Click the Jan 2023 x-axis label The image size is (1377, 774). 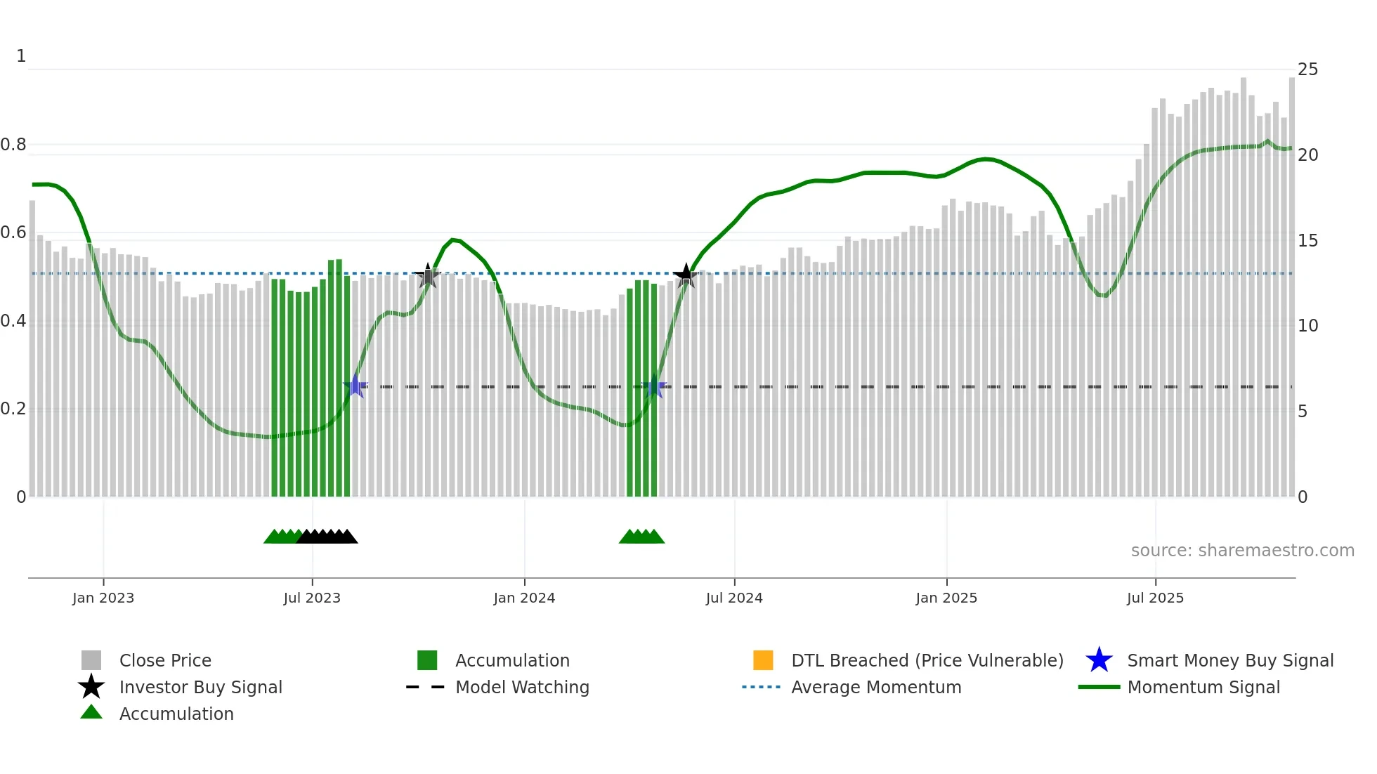click(x=103, y=598)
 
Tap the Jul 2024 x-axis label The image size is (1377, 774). click(x=734, y=598)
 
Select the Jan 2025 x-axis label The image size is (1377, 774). click(x=946, y=598)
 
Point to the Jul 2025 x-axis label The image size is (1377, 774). click(x=1155, y=598)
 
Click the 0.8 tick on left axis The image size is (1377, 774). click(x=13, y=145)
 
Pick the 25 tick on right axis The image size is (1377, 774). click(x=1307, y=70)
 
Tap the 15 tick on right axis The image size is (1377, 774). click(x=1307, y=241)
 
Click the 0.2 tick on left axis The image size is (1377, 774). click(x=13, y=409)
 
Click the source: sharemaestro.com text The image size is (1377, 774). click(x=1242, y=551)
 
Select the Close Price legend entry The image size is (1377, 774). click(x=165, y=660)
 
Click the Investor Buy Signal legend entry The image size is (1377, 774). click(x=200, y=687)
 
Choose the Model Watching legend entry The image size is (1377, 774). click(x=522, y=687)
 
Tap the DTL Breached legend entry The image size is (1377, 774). click(x=927, y=660)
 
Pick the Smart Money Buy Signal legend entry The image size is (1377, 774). click(x=1229, y=660)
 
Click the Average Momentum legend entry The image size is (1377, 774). click(x=876, y=687)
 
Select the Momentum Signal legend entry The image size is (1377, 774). click(x=1203, y=687)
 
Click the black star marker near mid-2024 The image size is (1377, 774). click(x=686, y=275)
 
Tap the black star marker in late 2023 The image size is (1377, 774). click(x=427, y=275)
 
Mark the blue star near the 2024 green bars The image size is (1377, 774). click(x=654, y=386)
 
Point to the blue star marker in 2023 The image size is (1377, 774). click(x=355, y=386)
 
